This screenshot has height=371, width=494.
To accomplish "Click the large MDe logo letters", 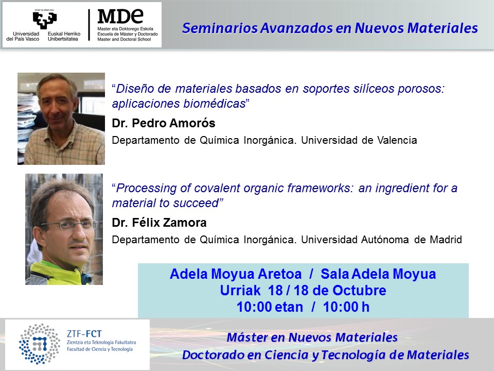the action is tap(120, 16).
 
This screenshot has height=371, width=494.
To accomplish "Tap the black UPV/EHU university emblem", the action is tap(45, 20).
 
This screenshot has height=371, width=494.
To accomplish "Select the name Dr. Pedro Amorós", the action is tap(164, 123).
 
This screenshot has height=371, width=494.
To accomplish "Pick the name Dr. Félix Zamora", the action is tap(159, 223).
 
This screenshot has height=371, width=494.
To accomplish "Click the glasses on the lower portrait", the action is tap(68, 225).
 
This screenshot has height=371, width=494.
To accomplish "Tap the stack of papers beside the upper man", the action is tap(27, 126).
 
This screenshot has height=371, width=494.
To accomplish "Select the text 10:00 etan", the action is tap(270, 307).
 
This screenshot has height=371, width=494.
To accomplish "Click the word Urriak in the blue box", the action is tap(240, 291).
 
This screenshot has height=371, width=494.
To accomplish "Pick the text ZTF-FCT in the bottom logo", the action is tap(84, 334).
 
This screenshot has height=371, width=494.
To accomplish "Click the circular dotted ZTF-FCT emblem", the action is tap(40, 344).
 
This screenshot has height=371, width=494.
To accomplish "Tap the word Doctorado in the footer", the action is tap(213, 355).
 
